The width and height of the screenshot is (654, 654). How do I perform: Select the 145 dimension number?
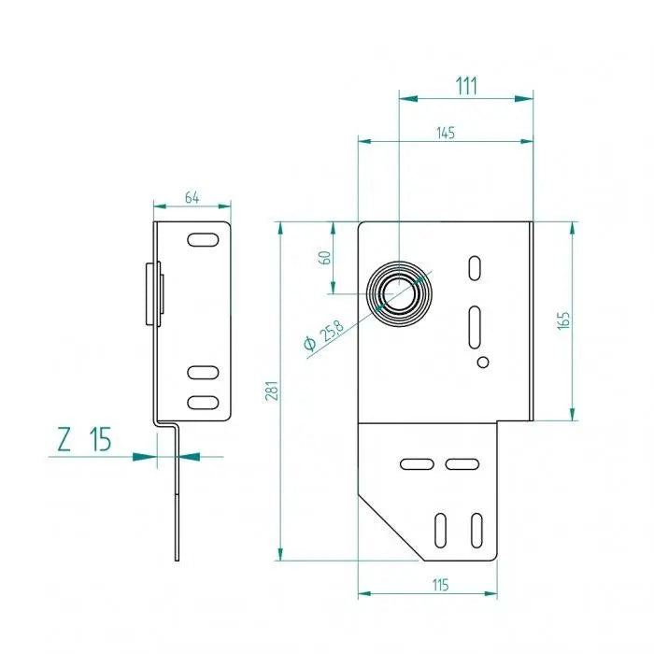[445, 134]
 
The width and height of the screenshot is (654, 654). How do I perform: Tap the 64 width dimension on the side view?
[192, 197]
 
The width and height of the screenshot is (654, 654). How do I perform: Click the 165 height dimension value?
[562, 320]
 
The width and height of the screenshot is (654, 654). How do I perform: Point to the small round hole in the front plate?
[483, 362]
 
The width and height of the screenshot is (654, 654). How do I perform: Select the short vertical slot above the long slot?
[475, 269]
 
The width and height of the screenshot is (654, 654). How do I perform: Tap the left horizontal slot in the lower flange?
[416, 463]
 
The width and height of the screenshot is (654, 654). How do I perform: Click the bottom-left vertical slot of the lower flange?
[440, 529]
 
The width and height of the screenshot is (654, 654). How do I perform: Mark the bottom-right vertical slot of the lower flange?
[476, 529]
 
